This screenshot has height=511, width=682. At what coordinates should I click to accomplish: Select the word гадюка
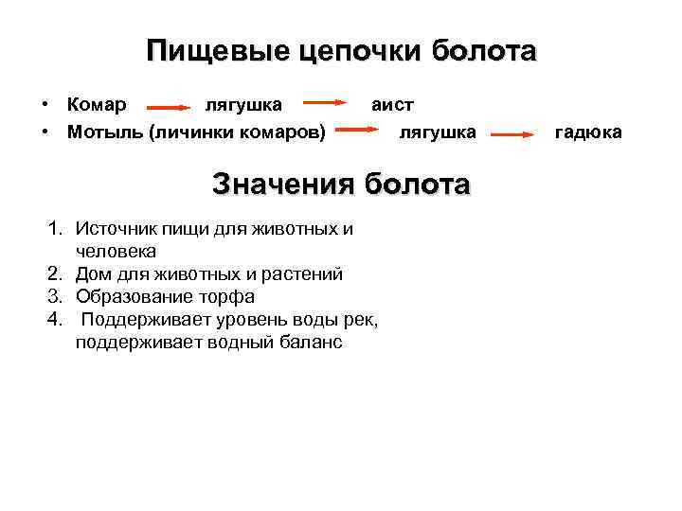(588, 132)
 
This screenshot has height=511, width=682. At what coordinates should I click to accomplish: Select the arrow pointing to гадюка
(513, 135)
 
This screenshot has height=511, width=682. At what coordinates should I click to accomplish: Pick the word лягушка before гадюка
(437, 132)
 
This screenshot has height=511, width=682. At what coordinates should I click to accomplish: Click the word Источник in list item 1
(117, 229)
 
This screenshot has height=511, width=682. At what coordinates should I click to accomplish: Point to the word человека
(117, 252)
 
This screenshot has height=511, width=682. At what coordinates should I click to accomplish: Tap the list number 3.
(55, 297)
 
